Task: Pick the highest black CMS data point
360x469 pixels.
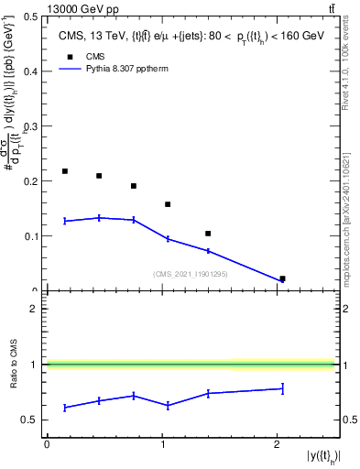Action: (x=65, y=171)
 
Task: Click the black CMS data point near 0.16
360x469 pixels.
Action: (x=168, y=204)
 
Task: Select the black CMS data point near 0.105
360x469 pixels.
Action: (x=208, y=234)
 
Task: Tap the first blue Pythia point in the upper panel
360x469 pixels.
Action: (x=65, y=221)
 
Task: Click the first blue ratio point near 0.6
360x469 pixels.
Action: (x=65, y=407)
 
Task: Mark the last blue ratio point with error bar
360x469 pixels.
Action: (x=282, y=388)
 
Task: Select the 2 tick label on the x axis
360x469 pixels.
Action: (x=277, y=443)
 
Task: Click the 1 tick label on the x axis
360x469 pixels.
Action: (x=162, y=443)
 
